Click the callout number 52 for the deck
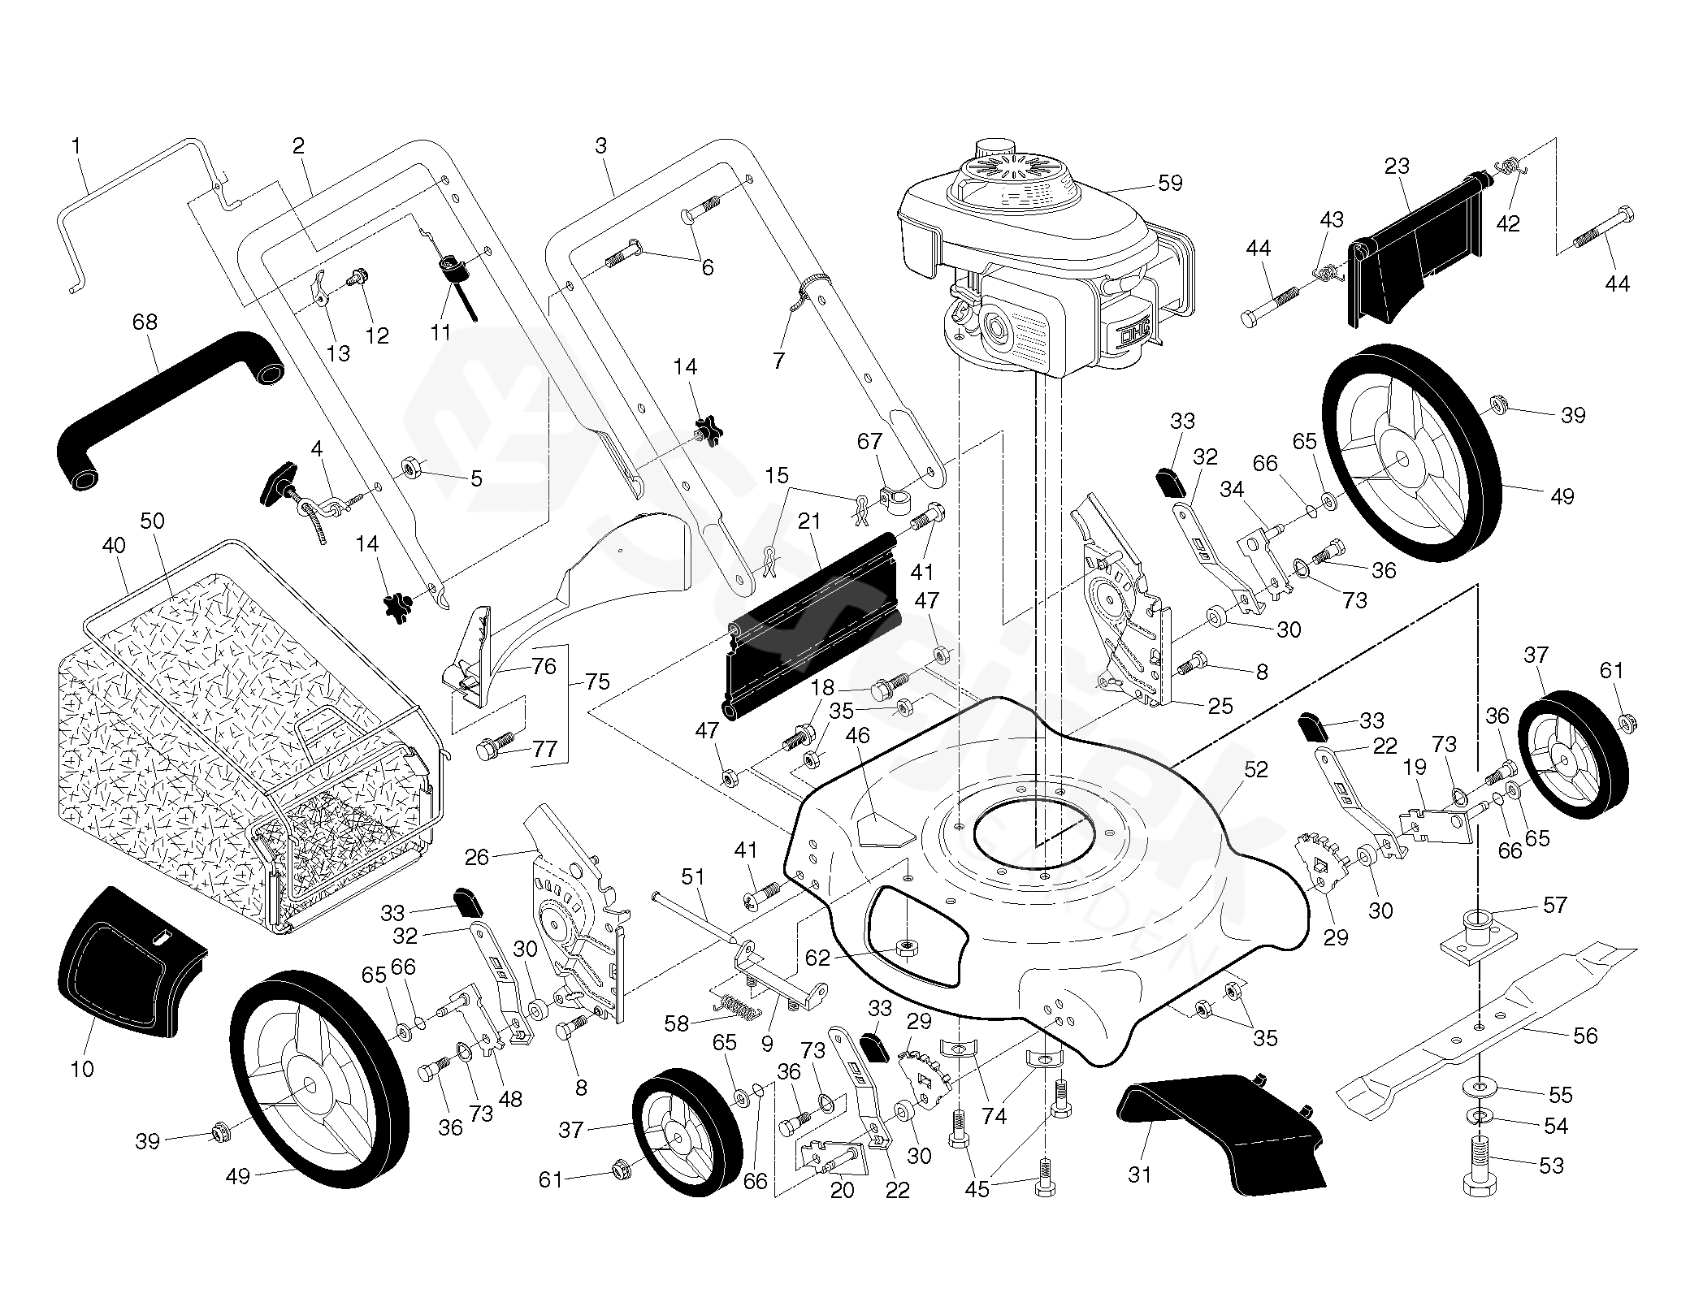tap(1255, 768)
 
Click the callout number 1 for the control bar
tap(76, 147)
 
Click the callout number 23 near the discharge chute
tap(1396, 167)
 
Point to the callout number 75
tap(597, 681)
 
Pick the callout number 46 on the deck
tap(857, 736)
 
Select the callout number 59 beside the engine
tap(1169, 184)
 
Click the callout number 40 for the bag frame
tap(114, 545)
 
